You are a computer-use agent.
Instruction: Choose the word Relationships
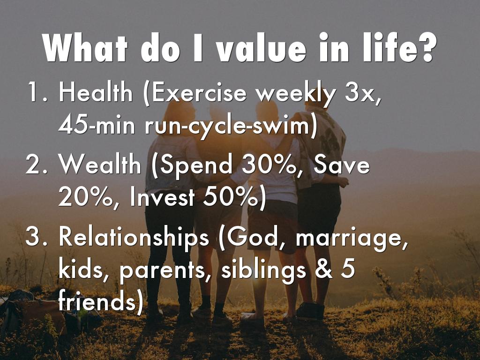tap(134, 238)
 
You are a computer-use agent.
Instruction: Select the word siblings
tap(263, 271)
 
